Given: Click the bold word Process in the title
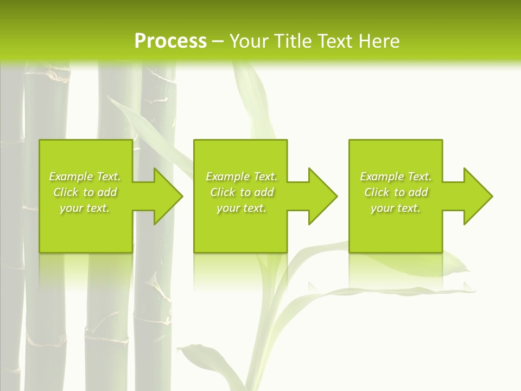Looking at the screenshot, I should pyautogui.click(x=170, y=41).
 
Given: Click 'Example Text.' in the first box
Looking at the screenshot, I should pyautogui.click(x=85, y=176).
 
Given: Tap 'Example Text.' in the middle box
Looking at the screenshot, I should pyautogui.click(x=241, y=176).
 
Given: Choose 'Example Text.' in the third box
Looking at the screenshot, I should pyautogui.click(x=396, y=176).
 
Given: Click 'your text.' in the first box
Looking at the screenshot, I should pyautogui.click(x=85, y=208).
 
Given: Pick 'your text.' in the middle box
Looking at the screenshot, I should pyautogui.click(x=241, y=208).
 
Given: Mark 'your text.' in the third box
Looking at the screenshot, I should pyautogui.click(x=396, y=208).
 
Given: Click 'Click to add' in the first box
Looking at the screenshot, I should pyautogui.click(x=85, y=192).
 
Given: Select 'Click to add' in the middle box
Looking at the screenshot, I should pyautogui.click(x=241, y=192).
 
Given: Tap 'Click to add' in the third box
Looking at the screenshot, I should pyautogui.click(x=396, y=192).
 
